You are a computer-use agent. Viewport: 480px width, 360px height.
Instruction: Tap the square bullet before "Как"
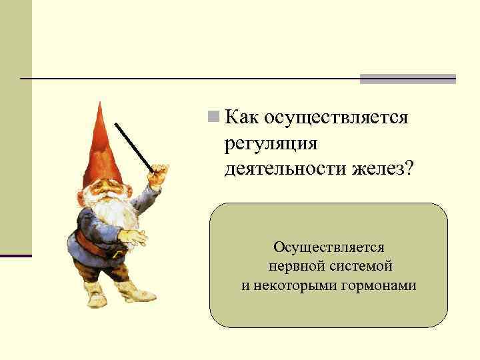tap(213, 117)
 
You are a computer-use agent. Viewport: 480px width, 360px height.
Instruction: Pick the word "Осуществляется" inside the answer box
tap(329, 247)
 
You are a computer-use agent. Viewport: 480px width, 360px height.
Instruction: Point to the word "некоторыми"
tap(292, 285)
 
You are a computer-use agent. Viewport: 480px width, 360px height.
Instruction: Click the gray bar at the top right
tap(407, 79)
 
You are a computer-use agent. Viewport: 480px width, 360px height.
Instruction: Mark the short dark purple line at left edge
tap(15, 256)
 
